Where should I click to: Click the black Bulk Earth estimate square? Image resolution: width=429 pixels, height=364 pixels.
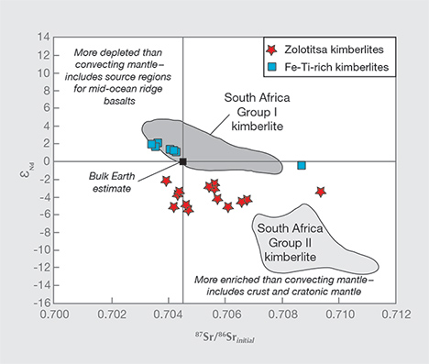[183, 161]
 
